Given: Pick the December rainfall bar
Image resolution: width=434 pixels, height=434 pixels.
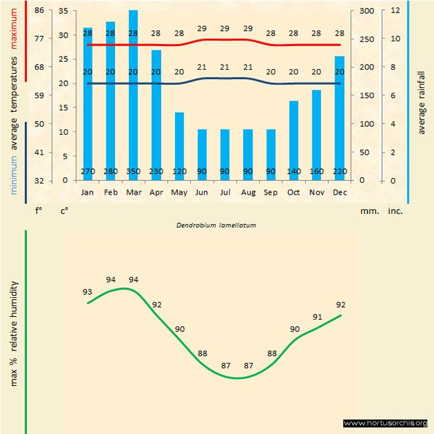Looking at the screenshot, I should pos(339,118).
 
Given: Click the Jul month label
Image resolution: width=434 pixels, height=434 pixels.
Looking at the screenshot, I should pos(225,193).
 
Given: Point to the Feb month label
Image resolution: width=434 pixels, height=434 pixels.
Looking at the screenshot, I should pos(110,193).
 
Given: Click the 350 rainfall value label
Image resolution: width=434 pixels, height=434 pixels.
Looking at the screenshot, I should pos(133,172).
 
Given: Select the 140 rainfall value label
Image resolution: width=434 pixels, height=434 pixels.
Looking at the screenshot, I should pos(294,172).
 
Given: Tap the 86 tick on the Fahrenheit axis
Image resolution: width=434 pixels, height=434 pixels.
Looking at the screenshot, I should pos(39,11).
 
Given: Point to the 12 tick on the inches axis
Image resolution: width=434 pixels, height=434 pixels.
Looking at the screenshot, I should pos(395,11).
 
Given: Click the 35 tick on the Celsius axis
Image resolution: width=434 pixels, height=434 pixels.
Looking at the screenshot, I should pos(63,11).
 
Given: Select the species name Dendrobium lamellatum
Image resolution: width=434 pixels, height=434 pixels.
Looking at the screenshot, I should pos(216,225).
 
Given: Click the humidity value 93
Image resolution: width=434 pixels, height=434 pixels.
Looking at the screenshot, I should pos(87,292).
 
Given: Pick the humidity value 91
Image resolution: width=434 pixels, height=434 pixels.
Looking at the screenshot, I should pos(317,317).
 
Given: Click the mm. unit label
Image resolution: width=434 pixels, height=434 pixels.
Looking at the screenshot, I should pos(368,212).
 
